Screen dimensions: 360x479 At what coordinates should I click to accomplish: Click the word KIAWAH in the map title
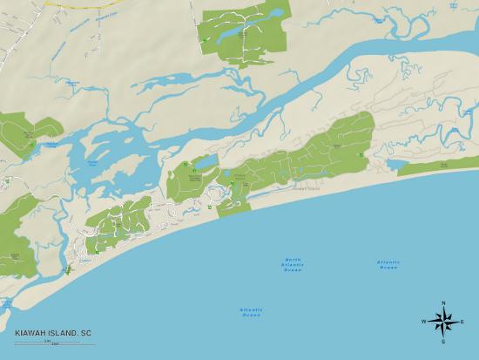point(30,333)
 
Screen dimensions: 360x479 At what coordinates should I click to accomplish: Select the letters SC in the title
point(86,333)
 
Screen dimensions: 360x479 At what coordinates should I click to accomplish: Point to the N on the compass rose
point(443,303)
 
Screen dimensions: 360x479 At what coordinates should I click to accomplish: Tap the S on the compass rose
point(443,341)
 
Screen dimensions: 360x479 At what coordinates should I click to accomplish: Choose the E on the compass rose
point(462,322)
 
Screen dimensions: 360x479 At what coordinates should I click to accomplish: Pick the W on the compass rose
point(424,322)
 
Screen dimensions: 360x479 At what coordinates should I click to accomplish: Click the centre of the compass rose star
point(443,323)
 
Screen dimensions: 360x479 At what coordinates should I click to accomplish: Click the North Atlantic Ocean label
point(293,265)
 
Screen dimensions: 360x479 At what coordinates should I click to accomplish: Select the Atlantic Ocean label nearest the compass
point(388,264)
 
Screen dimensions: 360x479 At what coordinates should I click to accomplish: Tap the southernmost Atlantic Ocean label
point(251,311)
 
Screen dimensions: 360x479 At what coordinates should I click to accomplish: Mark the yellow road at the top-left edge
point(61,4)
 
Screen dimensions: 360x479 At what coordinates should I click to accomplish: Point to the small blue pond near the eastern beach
point(396,164)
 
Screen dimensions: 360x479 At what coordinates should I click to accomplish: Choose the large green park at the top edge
point(244,31)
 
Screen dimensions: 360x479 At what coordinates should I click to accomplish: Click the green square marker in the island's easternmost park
point(361,155)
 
